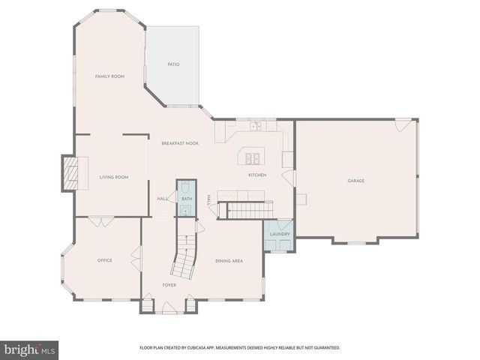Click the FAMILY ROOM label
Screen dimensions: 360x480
click(109, 76)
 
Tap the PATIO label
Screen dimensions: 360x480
click(172, 64)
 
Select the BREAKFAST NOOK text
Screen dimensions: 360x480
click(180, 142)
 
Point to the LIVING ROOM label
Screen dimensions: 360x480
click(114, 177)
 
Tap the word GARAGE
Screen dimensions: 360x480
click(355, 181)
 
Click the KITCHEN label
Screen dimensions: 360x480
click(257, 175)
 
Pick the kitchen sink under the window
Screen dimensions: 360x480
click(256, 126)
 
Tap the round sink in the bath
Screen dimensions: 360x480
click(185, 211)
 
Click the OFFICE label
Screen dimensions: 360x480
click(105, 260)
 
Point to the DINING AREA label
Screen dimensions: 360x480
click(229, 260)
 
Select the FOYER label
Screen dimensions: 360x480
click(169, 285)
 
